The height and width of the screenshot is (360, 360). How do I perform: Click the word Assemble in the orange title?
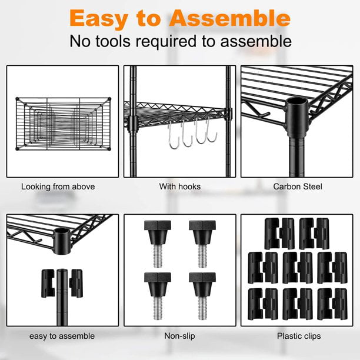230,19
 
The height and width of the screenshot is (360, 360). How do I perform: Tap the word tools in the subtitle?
113,41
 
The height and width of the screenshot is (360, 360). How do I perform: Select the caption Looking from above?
58,186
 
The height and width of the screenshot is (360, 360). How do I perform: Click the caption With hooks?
180,186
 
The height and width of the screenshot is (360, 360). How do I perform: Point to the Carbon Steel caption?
298,186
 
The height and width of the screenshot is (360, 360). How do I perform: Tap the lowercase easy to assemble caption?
62,336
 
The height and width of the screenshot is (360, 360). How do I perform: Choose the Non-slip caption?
179,336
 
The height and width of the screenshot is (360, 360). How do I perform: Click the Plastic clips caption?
299,336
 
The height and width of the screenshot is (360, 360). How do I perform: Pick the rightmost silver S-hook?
211,130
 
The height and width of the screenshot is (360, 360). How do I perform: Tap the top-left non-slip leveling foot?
158,244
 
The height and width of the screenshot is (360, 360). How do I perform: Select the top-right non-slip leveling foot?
202,244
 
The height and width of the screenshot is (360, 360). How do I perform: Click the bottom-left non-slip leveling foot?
158,296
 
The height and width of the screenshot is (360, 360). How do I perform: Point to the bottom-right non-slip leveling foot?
202,296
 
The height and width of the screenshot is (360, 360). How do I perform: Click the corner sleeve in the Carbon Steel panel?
297,117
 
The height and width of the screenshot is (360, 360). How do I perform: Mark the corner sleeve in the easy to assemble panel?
62,241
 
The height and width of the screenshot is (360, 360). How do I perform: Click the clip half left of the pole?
48,284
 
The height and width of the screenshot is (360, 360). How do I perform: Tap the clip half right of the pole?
76,284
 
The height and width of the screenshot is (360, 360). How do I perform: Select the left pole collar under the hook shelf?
132,124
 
